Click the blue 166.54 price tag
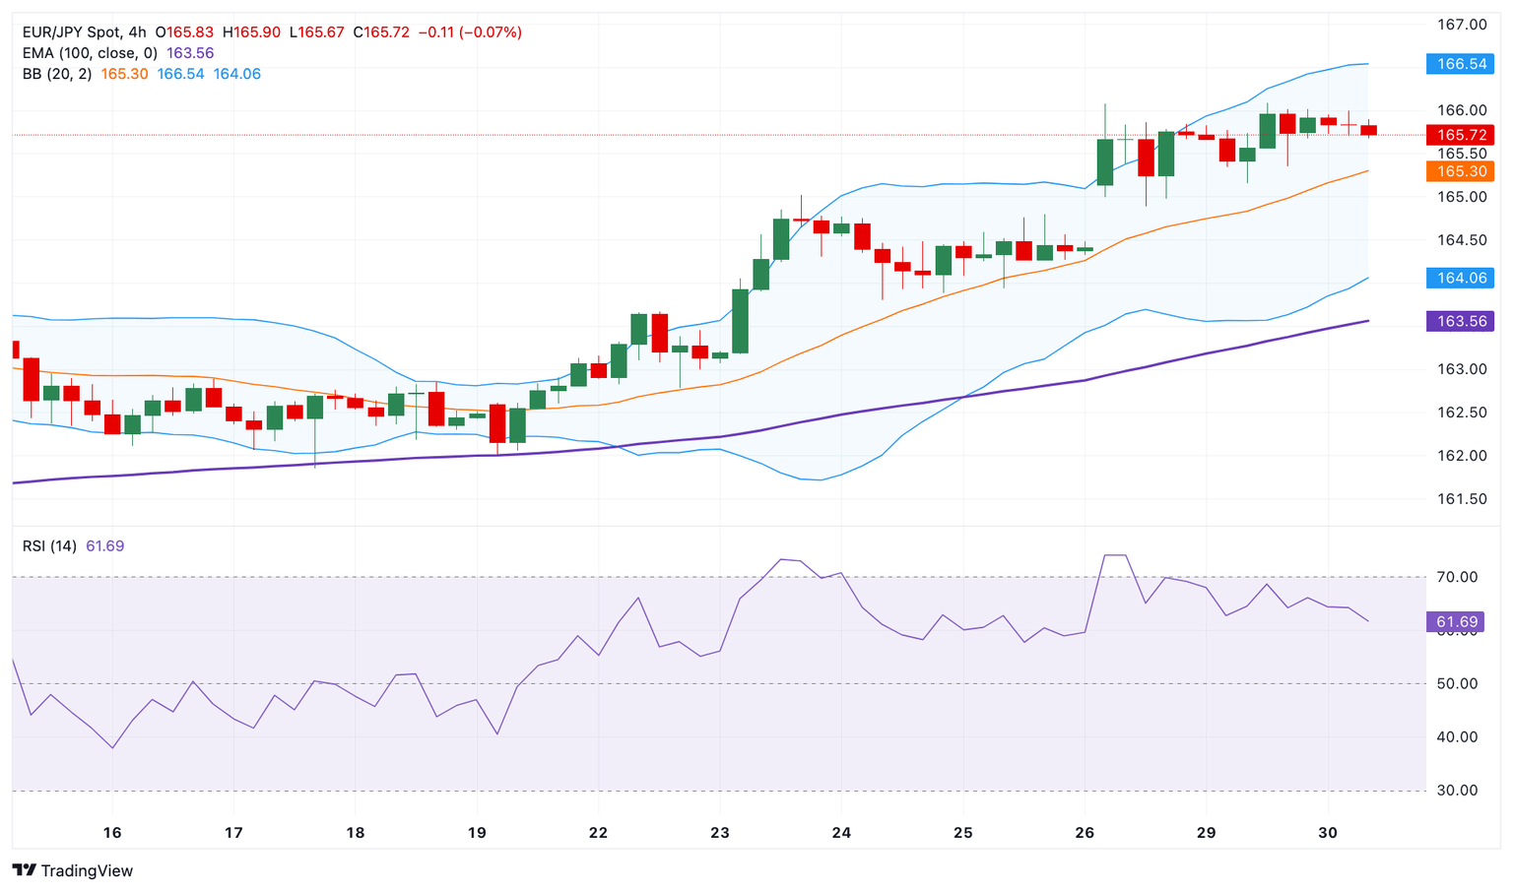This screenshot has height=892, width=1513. (1461, 64)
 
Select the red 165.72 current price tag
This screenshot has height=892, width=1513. (1461, 135)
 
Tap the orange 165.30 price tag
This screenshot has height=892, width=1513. (1461, 171)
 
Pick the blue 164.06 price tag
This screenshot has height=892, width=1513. (1461, 278)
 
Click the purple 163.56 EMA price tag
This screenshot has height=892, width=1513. (1461, 321)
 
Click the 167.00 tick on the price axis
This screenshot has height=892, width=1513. (1461, 25)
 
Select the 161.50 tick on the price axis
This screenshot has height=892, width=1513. (1461, 499)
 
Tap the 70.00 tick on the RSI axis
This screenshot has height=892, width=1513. (1457, 577)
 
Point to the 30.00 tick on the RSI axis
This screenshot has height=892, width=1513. (1457, 791)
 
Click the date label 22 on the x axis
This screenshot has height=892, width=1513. (598, 833)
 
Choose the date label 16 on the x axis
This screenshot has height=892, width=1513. (112, 833)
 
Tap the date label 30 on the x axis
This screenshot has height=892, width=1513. (1328, 833)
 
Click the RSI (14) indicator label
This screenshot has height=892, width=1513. (49, 546)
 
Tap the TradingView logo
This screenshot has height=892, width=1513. (73, 870)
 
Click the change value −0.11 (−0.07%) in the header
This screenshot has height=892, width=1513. (470, 32)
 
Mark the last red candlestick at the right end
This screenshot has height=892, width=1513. (1369, 130)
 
